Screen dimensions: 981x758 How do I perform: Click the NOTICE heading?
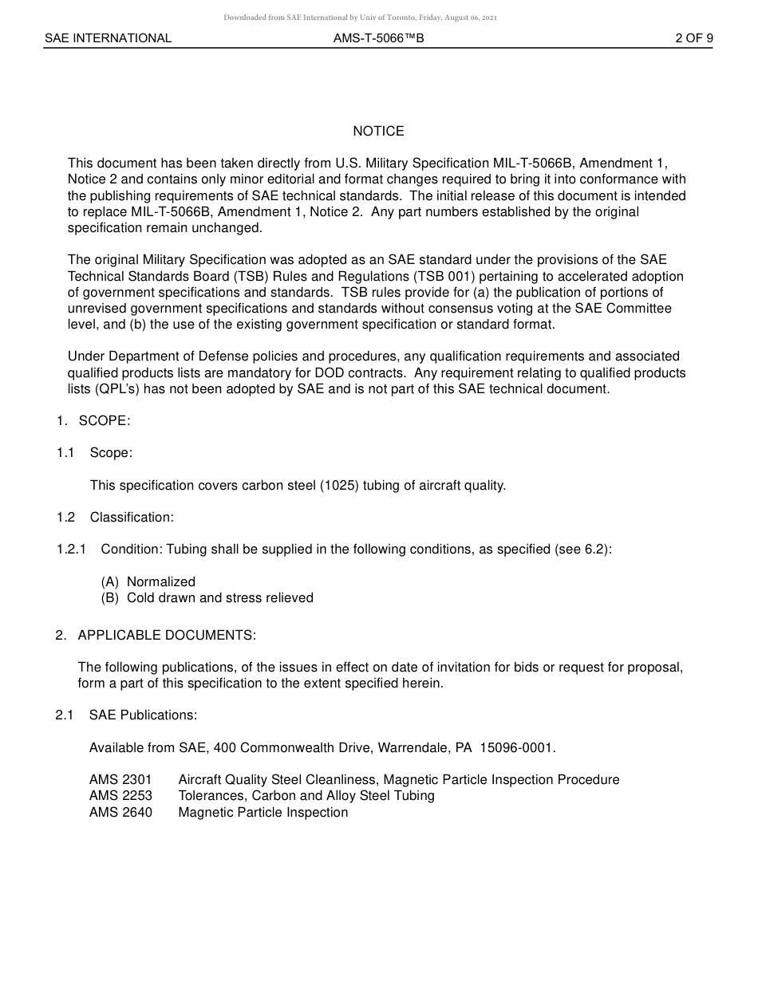tap(378, 131)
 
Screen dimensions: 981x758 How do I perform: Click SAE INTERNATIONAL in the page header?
tap(108, 37)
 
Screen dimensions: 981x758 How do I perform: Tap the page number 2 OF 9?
tap(693, 37)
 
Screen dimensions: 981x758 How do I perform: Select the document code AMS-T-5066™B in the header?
tap(379, 37)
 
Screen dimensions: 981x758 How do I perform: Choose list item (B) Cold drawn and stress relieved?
tap(207, 597)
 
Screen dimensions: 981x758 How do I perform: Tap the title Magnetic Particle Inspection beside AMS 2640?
tap(263, 812)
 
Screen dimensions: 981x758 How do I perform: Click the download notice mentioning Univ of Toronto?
tap(360, 17)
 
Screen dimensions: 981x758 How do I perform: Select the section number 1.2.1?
tap(72, 549)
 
